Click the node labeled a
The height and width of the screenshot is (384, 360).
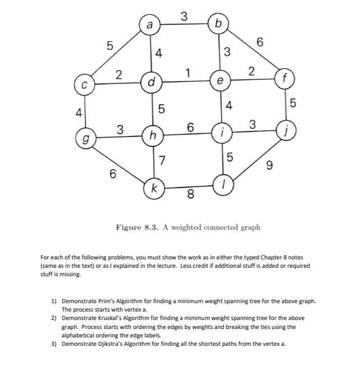pos(150,25)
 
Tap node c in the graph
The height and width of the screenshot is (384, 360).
pos(84,86)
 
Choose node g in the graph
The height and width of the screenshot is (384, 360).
pos(85,136)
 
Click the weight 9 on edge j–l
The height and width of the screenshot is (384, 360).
pos(271,165)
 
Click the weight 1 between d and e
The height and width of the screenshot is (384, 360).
pos(188,73)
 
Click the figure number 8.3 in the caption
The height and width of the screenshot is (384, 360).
pos(147,227)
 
